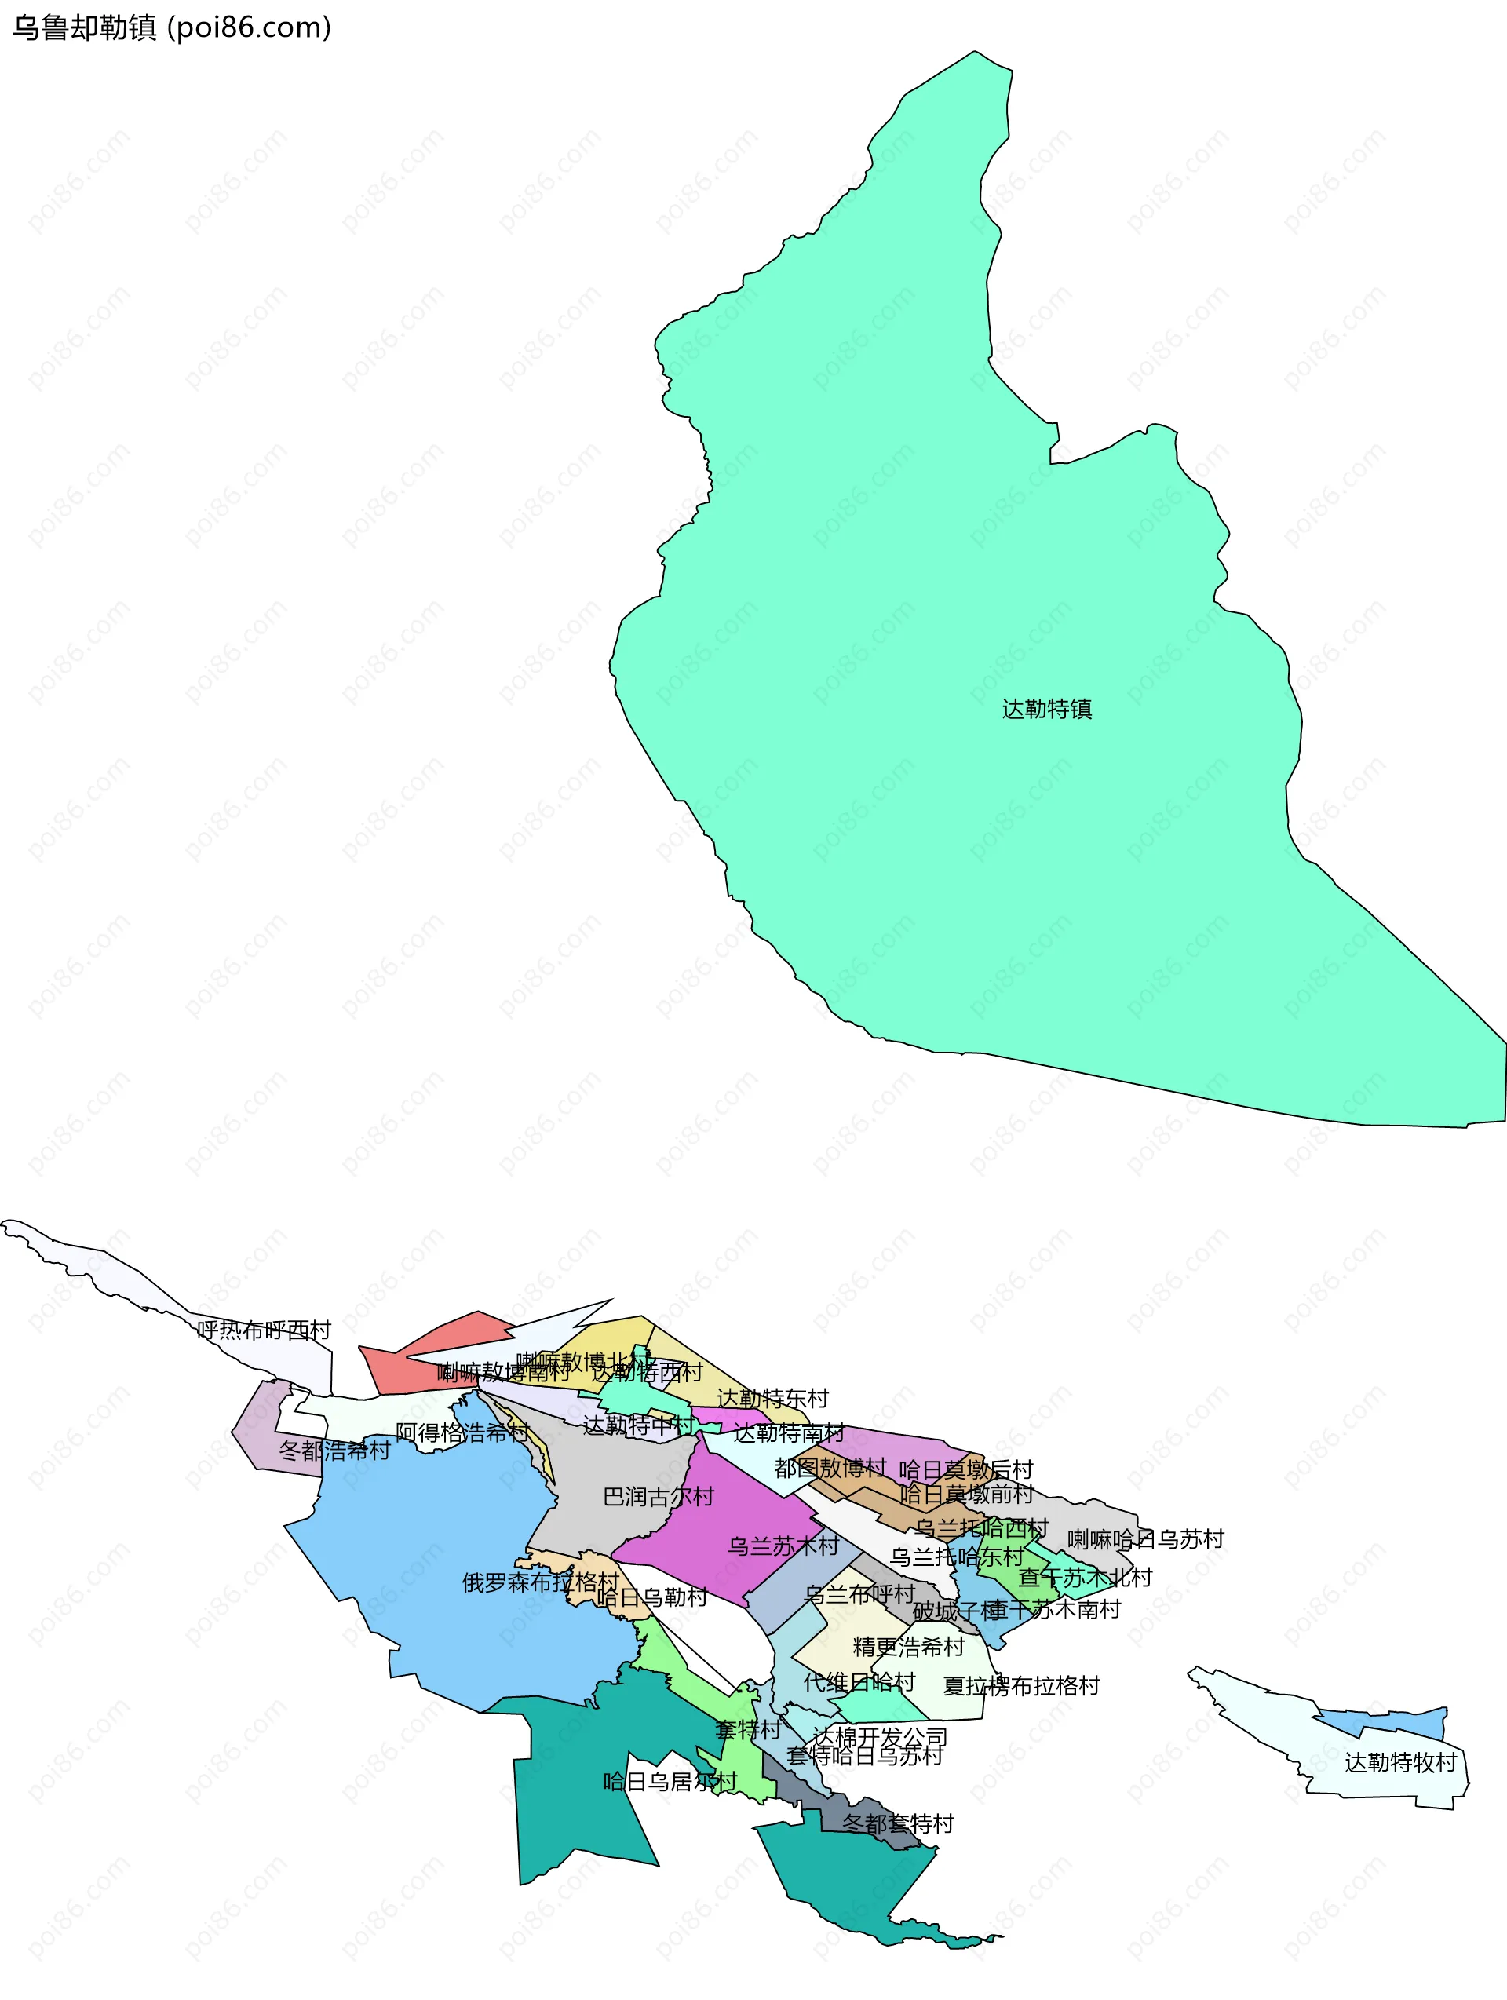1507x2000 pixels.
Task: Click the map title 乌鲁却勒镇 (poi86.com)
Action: [x=172, y=28]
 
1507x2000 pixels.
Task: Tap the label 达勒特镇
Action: [x=1046, y=709]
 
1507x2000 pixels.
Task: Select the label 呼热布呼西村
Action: [x=264, y=1330]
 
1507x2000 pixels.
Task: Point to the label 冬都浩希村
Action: [x=334, y=1451]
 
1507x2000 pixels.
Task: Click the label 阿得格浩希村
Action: [x=462, y=1432]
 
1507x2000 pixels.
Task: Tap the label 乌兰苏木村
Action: [x=783, y=1546]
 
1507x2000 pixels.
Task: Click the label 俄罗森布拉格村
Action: [x=541, y=1582]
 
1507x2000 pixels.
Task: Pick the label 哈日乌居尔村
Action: [x=670, y=1781]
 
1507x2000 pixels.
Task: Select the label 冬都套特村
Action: [x=898, y=1823]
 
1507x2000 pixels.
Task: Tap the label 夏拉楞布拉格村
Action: [x=1020, y=1684]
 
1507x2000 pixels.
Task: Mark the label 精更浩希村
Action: [x=909, y=1647]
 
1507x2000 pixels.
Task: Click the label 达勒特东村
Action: [x=772, y=1398]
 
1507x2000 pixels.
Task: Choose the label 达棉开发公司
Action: [x=880, y=1736]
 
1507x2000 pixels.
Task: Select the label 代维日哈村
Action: [x=859, y=1682]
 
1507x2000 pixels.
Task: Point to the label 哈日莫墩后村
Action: [x=965, y=1469]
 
